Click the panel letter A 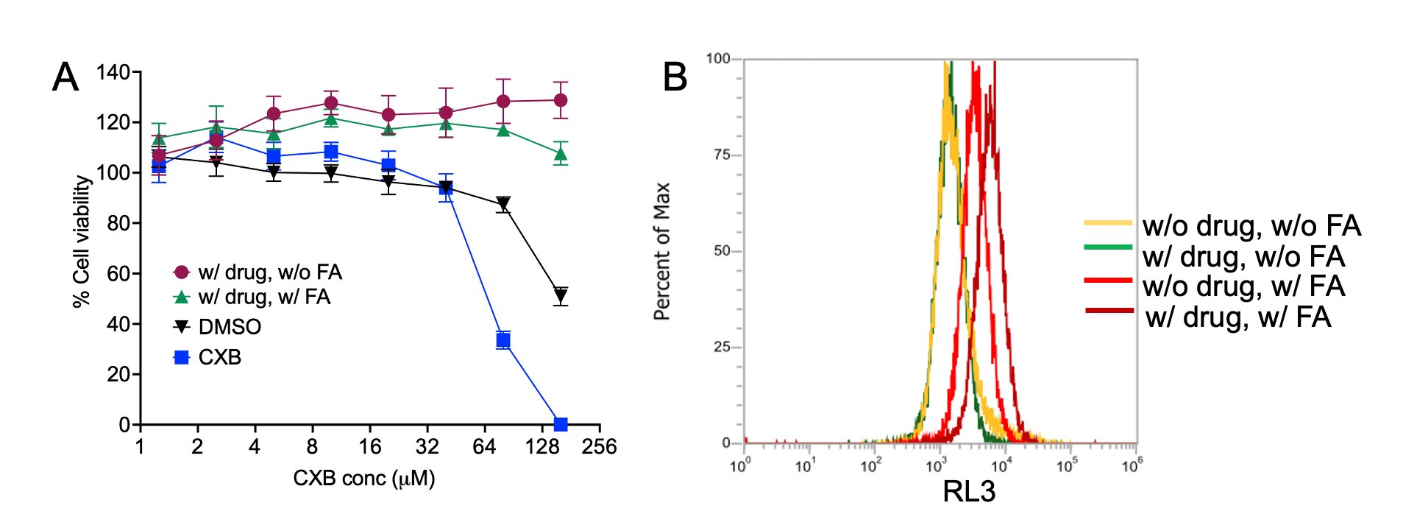tap(65, 77)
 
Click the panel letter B tap(675, 77)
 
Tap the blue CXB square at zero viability tap(561, 424)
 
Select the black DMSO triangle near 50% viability tap(561, 296)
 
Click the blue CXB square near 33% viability tap(503, 339)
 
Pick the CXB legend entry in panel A tap(219, 357)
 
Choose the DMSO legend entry tap(230, 327)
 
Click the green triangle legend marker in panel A tap(181, 297)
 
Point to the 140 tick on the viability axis tap(113, 72)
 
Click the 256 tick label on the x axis tap(599, 447)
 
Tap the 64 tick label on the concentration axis tap(484, 447)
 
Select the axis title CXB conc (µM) tap(364, 479)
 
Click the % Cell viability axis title tap(82, 242)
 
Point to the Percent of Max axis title tap(662, 251)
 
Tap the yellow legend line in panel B tap(1108, 222)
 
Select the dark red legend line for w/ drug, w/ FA tap(1109, 310)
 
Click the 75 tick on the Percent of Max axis tap(721, 155)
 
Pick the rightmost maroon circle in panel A tap(561, 100)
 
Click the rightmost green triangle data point tap(561, 154)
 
